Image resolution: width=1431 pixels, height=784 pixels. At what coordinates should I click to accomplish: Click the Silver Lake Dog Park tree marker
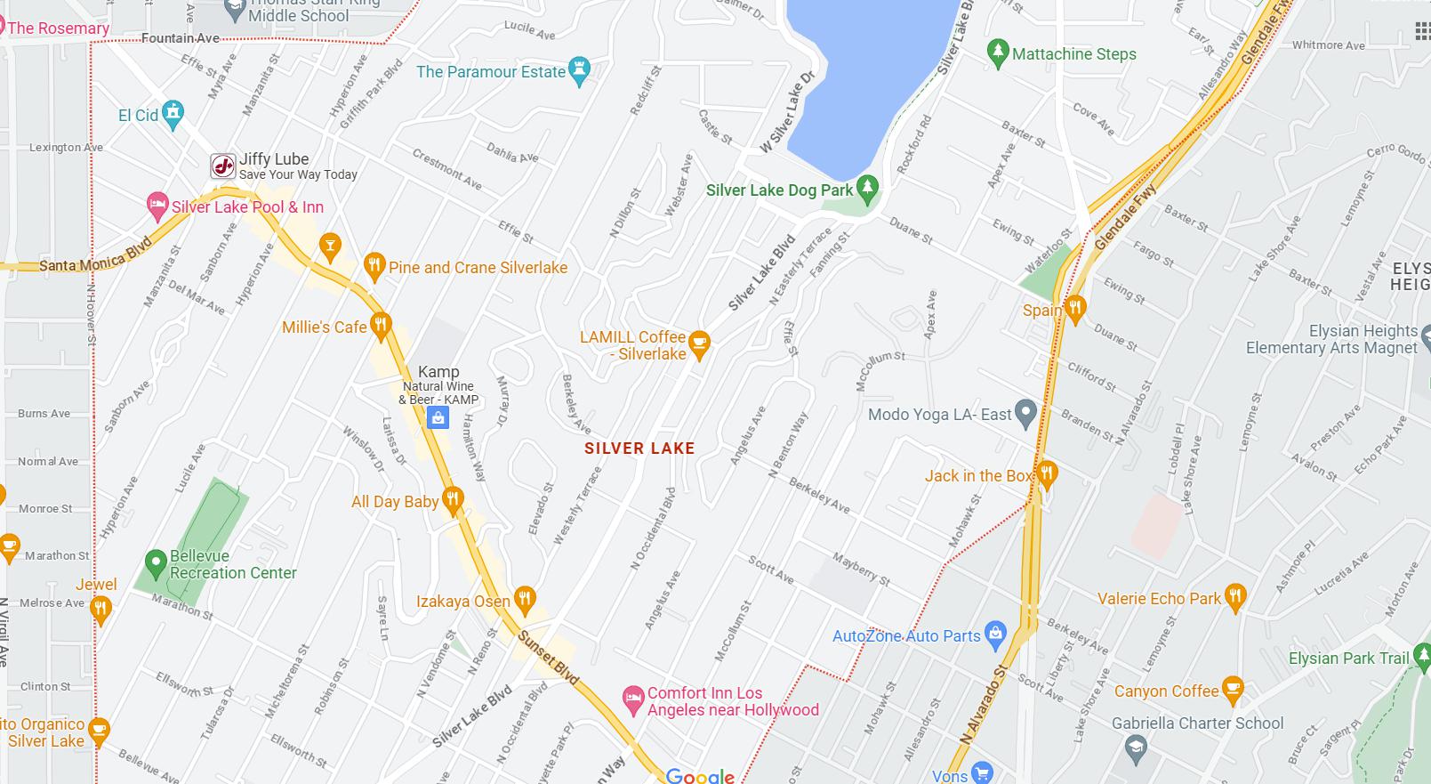pyautogui.click(x=867, y=188)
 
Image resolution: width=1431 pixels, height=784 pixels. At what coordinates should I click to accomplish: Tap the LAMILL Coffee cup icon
pyautogui.click(x=699, y=344)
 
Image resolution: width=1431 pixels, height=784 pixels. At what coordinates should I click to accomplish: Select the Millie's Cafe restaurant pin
pyautogui.click(x=381, y=326)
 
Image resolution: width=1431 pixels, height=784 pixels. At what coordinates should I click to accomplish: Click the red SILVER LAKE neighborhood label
pyautogui.click(x=639, y=449)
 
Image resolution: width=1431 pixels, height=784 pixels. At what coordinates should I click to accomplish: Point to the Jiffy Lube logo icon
pyautogui.click(x=222, y=166)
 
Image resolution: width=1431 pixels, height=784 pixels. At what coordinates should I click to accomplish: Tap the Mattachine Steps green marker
pyautogui.click(x=998, y=53)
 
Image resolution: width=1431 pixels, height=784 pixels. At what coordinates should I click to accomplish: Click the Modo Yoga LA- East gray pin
pyautogui.click(x=1026, y=413)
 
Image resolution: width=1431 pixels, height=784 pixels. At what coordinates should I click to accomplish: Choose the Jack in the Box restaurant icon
pyautogui.click(x=1047, y=474)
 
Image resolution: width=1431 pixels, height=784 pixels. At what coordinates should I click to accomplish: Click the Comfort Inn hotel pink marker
pyautogui.click(x=632, y=699)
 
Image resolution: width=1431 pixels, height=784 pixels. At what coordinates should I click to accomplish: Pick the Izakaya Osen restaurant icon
pyautogui.click(x=525, y=600)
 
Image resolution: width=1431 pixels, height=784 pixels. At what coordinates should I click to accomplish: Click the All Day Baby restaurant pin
pyautogui.click(x=453, y=500)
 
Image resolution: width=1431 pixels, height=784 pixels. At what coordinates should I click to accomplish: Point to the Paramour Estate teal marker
pyautogui.click(x=580, y=71)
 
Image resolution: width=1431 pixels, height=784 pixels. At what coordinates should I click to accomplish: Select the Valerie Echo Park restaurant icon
pyautogui.click(x=1234, y=597)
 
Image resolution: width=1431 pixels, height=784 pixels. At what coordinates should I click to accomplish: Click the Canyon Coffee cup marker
pyautogui.click(x=1232, y=689)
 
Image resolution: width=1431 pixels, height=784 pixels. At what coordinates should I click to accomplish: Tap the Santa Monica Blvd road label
pyautogui.click(x=95, y=258)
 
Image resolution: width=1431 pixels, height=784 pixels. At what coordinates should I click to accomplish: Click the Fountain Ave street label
pyautogui.click(x=181, y=38)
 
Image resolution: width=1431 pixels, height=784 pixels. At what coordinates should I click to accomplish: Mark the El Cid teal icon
pyautogui.click(x=173, y=114)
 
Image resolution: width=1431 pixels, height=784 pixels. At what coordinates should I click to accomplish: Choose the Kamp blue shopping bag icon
pyautogui.click(x=438, y=418)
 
